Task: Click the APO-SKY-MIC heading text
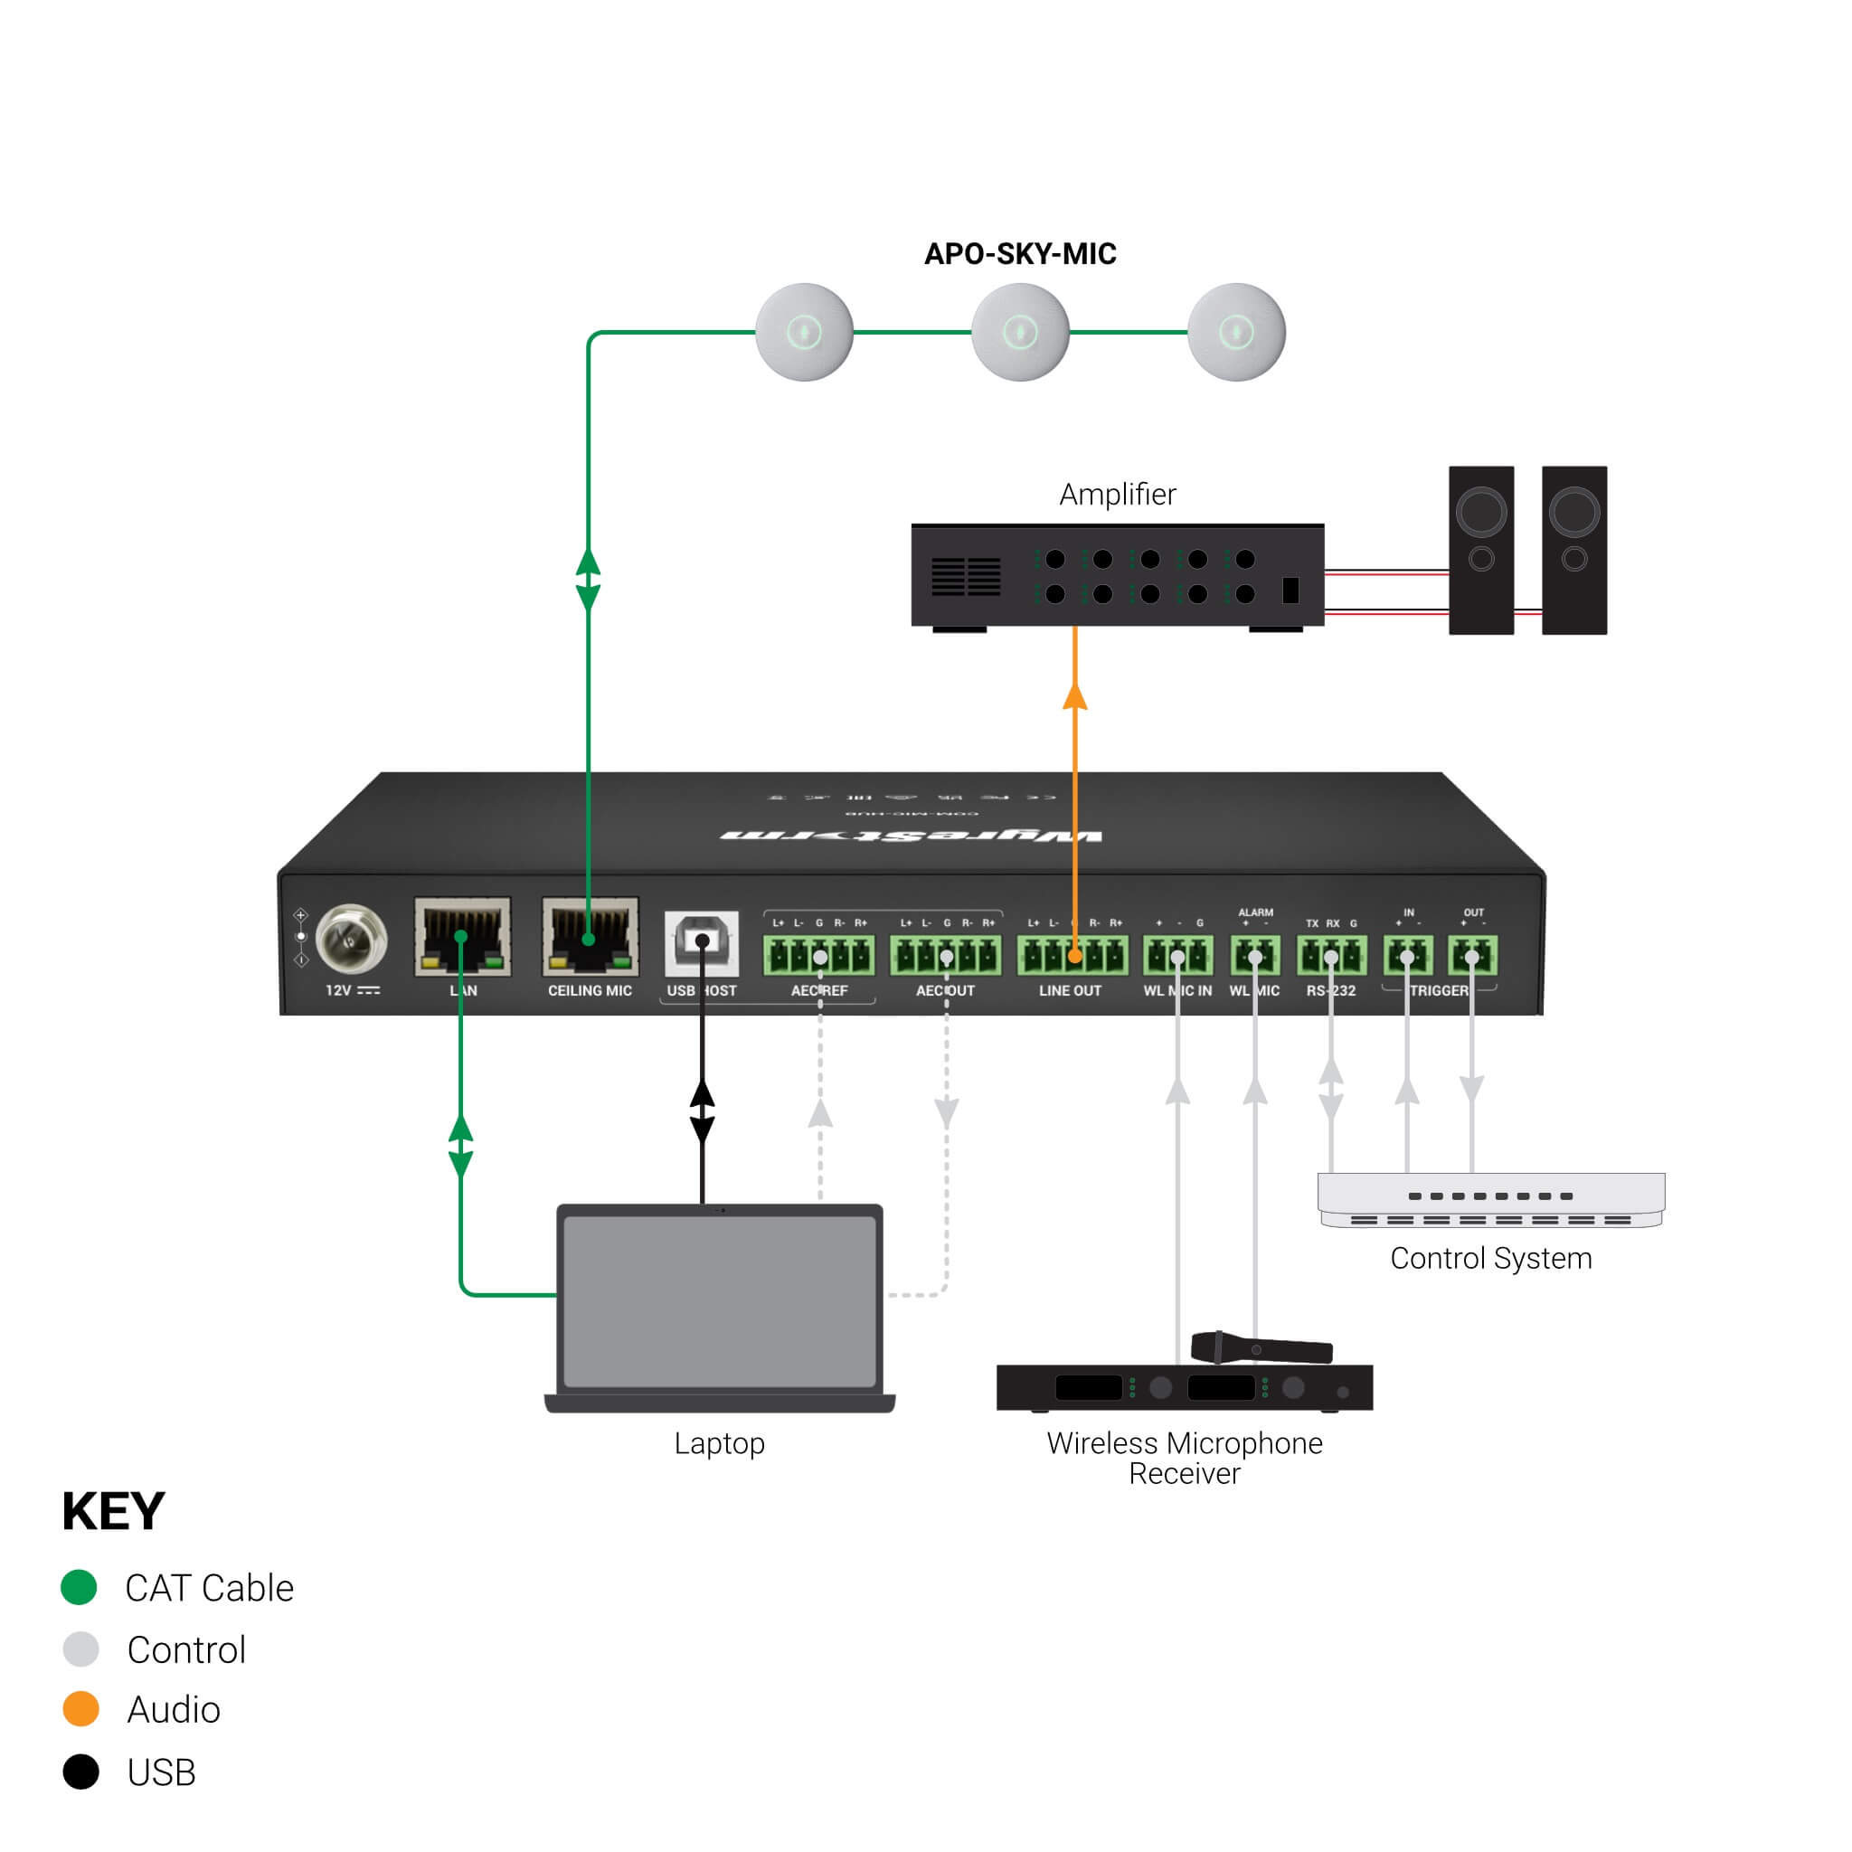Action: pos(1020,254)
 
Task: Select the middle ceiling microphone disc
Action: pos(1020,333)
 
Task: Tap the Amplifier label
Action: pos(1117,495)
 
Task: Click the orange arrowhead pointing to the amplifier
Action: pos(1074,697)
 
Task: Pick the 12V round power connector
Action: pos(352,939)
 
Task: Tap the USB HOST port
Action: pos(702,941)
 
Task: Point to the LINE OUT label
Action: pos(1070,990)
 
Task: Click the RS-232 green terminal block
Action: pos(1330,955)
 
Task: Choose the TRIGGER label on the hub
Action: pos(1438,990)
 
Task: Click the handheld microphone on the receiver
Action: pos(1261,1347)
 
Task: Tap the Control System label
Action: pos(1490,1259)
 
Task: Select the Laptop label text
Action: pos(719,1443)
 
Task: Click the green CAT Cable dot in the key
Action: pos(80,1587)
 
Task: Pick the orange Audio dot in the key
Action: pos(80,1709)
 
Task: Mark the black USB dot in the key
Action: pos(80,1772)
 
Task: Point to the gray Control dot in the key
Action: pos(80,1649)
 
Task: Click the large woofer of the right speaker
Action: pos(1574,512)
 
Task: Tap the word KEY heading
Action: pos(113,1512)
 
